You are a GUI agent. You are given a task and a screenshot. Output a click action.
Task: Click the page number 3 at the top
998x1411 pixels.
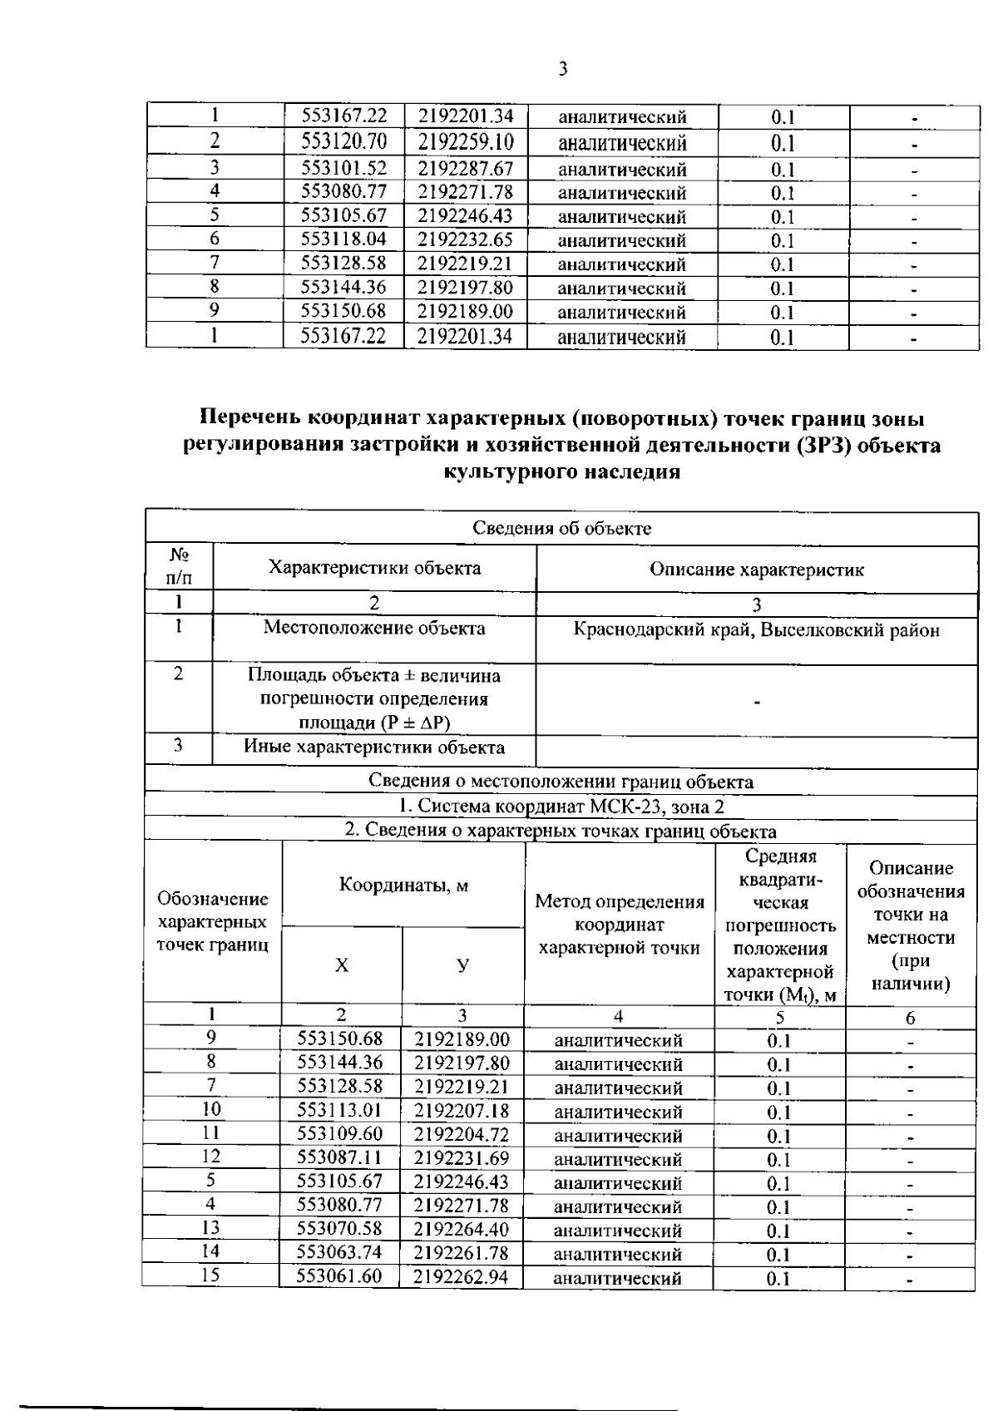pyautogui.click(x=562, y=69)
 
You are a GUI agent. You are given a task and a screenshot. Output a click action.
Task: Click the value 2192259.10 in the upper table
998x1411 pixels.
pyautogui.click(x=465, y=142)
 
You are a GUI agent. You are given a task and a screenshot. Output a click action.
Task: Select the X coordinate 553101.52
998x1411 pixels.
pyautogui.click(x=343, y=169)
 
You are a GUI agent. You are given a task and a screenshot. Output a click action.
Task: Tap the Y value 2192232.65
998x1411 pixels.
pyautogui.click(x=465, y=240)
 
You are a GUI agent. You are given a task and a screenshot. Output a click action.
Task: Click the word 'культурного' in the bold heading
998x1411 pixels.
pyautogui.click(x=501, y=472)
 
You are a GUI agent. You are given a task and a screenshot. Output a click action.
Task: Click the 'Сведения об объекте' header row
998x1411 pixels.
pyautogui.click(x=561, y=529)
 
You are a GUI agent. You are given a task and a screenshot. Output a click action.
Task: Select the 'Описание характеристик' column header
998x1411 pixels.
pyautogui.click(x=756, y=570)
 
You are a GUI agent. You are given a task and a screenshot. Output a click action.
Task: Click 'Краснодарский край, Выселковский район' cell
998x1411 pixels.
pyautogui.click(x=756, y=630)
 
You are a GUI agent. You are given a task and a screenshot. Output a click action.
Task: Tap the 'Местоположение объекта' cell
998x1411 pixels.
pyautogui.click(x=374, y=628)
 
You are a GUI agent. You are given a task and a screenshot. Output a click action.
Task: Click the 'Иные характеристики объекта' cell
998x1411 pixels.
pyautogui.click(x=374, y=747)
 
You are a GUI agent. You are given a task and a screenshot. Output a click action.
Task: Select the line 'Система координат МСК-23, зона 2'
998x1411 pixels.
pyautogui.click(x=561, y=807)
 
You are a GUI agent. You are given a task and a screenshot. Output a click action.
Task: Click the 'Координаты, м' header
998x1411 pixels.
pyautogui.click(x=403, y=885)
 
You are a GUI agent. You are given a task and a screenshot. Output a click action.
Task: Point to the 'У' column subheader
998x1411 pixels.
pyautogui.click(x=463, y=965)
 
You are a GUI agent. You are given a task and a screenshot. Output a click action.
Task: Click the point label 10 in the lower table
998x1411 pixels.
pyautogui.click(x=212, y=1110)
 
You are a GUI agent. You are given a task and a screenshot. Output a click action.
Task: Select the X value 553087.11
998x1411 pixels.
pyautogui.click(x=339, y=1157)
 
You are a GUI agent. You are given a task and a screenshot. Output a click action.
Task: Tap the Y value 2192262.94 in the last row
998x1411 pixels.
pyautogui.click(x=462, y=1276)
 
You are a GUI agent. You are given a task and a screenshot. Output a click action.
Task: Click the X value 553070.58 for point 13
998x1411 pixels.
pyautogui.click(x=339, y=1229)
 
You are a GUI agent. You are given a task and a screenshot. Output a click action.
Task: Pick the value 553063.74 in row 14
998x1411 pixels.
pyautogui.click(x=339, y=1253)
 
